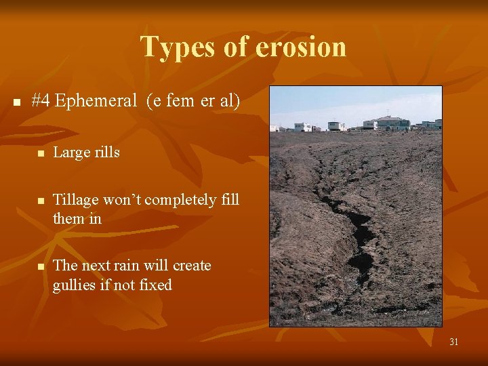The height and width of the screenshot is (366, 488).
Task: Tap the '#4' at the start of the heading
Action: coord(41,101)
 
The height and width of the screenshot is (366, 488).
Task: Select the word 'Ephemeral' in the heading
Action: coord(96,101)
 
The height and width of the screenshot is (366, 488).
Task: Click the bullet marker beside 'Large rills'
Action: coord(41,154)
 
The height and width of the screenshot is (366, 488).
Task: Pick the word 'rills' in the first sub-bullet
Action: coord(105,152)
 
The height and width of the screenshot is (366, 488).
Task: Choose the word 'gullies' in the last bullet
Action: coord(75,285)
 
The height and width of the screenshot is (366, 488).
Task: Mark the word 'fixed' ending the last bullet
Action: coord(156,285)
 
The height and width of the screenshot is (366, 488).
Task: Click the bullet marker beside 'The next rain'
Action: coord(41,267)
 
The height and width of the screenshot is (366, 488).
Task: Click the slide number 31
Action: coord(453,342)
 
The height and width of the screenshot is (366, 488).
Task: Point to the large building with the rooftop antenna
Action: coord(389,123)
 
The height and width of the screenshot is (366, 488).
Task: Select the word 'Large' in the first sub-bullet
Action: coord(70,152)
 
